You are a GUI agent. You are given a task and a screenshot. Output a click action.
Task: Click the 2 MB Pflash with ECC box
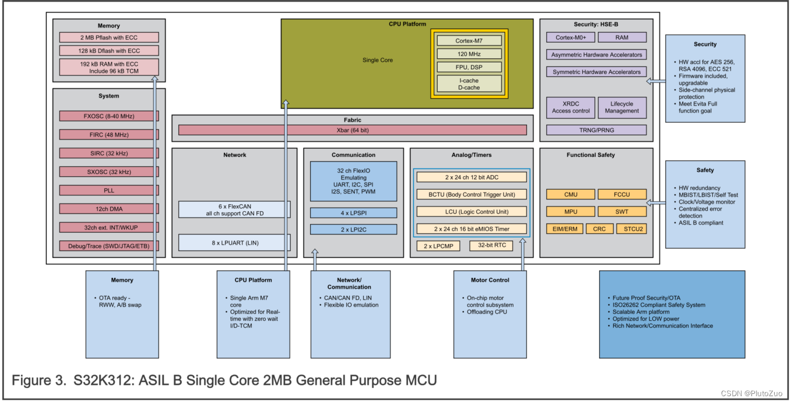click(x=108, y=37)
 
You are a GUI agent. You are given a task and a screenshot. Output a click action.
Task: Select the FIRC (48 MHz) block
click(x=108, y=135)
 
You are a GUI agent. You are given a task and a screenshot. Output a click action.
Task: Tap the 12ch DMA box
click(x=108, y=209)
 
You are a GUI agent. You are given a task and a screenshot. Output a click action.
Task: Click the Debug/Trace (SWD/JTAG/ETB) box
click(x=108, y=246)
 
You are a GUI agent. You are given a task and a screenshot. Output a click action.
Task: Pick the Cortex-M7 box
click(x=469, y=41)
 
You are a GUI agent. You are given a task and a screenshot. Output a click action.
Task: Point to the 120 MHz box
click(x=469, y=54)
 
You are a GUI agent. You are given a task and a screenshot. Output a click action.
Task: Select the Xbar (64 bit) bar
click(x=352, y=130)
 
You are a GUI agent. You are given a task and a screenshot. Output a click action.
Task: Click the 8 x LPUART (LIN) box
click(x=234, y=242)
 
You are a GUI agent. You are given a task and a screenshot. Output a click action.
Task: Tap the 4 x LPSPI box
click(x=353, y=213)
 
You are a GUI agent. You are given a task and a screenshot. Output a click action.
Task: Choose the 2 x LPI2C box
click(x=353, y=230)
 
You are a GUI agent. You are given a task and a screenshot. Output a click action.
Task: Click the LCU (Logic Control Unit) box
click(x=472, y=211)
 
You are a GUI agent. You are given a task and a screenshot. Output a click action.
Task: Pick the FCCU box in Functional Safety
click(x=621, y=194)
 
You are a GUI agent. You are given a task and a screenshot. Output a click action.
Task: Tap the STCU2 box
click(x=631, y=229)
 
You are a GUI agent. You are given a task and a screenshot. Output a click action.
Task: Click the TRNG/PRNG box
click(x=596, y=130)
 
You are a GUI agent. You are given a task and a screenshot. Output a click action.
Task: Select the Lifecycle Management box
click(x=621, y=107)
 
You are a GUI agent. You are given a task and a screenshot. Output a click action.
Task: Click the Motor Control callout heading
click(x=491, y=280)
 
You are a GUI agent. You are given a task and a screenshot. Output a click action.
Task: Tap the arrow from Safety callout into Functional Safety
click(x=656, y=202)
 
